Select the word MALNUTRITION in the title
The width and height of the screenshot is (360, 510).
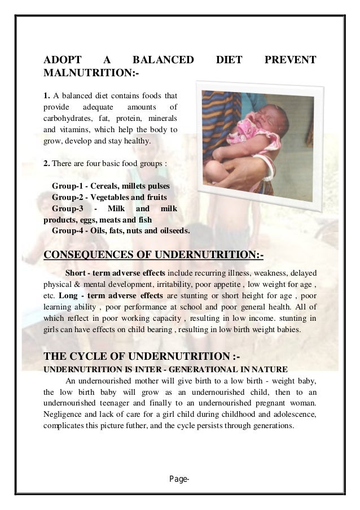(x=89, y=74)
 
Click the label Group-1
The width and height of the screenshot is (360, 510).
(x=68, y=186)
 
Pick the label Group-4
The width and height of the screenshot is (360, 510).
(x=68, y=230)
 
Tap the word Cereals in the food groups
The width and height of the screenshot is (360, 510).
(x=107, y=186)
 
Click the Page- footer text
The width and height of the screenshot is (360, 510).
(x=180, y=480)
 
